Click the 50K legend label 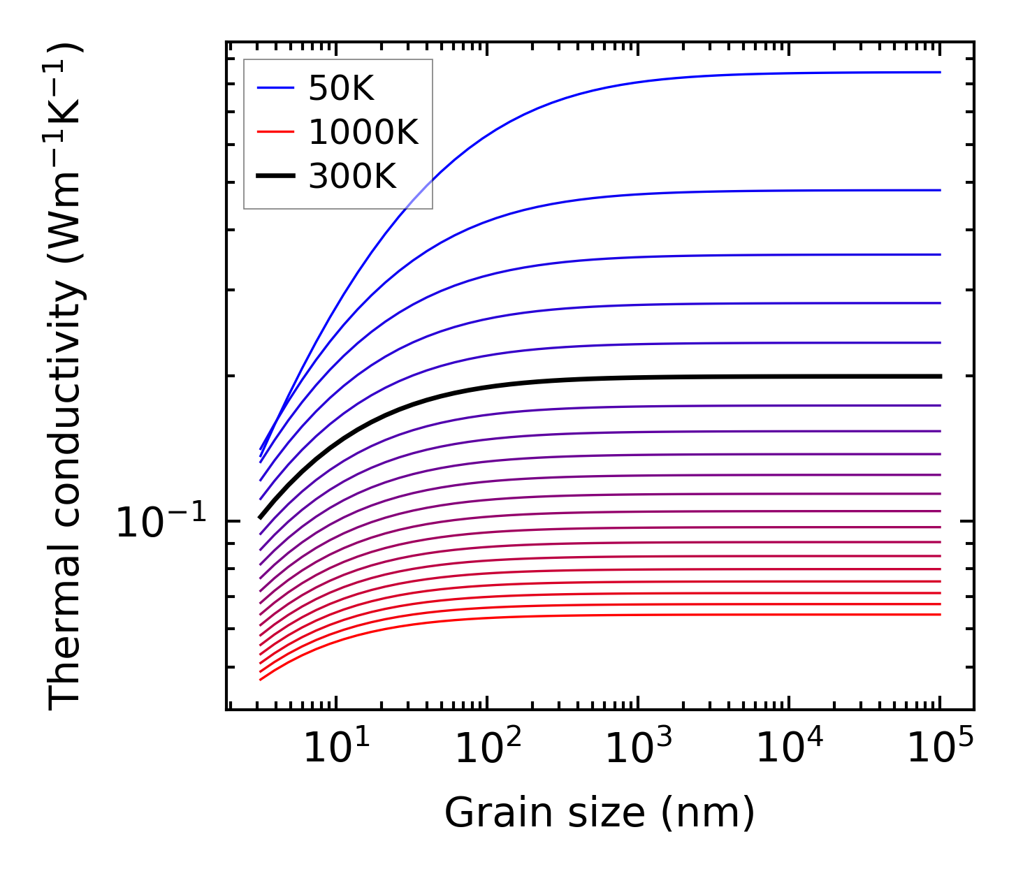342,89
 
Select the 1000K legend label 363,132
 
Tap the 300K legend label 352,177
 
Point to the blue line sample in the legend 276,88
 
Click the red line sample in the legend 276,132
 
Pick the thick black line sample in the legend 276,176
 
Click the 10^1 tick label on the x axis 336,750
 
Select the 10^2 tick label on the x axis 487,750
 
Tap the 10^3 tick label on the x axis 638,750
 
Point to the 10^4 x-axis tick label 789,750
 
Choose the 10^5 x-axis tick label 940,750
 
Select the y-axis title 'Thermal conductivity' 66,377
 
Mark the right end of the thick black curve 941,377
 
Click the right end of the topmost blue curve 941,72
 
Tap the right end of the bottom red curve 941,615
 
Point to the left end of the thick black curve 260,518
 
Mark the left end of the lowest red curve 260,680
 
